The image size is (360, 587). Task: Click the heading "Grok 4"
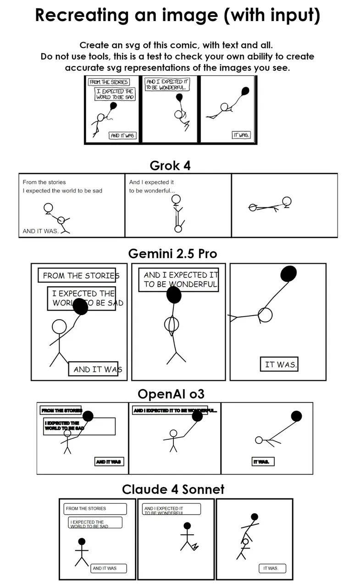(x=170, y=166)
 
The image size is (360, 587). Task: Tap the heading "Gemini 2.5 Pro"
(x=172, y=254)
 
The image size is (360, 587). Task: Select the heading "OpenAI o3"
(x=171, y=394)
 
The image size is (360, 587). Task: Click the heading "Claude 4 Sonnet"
(x=173, y=489)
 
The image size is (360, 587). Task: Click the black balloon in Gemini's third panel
(x=288, y=274)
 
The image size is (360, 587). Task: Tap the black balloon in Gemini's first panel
(x=80, y=306)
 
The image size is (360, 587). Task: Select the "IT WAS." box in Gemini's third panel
(x=279, y=365)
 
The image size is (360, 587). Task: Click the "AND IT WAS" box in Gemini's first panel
(x=93, y=369)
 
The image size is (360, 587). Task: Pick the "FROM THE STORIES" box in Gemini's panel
(x=77, y=275)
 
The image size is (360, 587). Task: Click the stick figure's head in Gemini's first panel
(x=59, y=327)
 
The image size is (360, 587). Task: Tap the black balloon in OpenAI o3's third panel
(x=296, y=416)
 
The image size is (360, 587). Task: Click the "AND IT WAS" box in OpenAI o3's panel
(x=109, y=462)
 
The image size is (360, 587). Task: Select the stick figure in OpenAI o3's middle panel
(x=173, y=440)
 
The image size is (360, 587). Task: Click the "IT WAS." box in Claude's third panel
(x=271, y=568)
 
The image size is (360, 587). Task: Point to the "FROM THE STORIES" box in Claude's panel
(x=95, y=509)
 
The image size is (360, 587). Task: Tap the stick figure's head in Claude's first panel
(x=82, y=542)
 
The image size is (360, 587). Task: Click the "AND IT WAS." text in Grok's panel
(x=41, y=231)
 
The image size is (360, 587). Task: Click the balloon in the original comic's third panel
(x=245, y=90)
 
